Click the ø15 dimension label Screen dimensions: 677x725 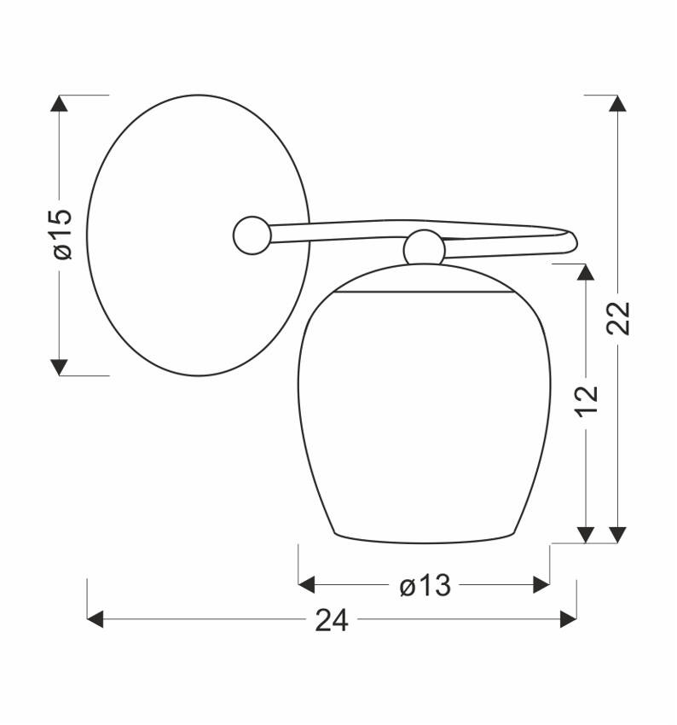pyautogui.click(x=63, y=235)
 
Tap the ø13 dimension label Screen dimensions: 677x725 pyautogui.click(x=425, y=585)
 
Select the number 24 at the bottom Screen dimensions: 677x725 pyautogui.click(x=332, y=620)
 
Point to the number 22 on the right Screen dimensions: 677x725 pyautogui.click(x=618, y=317)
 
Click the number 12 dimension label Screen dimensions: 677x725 pyautogui.click(x=586, y=401)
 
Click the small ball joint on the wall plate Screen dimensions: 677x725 pyautogui.click(x=252, y=235)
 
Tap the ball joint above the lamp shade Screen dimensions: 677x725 pyautogui.click(x=424, y=248)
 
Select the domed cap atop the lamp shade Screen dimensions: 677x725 pyautogui.click(x=424, y=278)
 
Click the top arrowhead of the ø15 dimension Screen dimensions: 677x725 pyautogui.click(x=59, y=103)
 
